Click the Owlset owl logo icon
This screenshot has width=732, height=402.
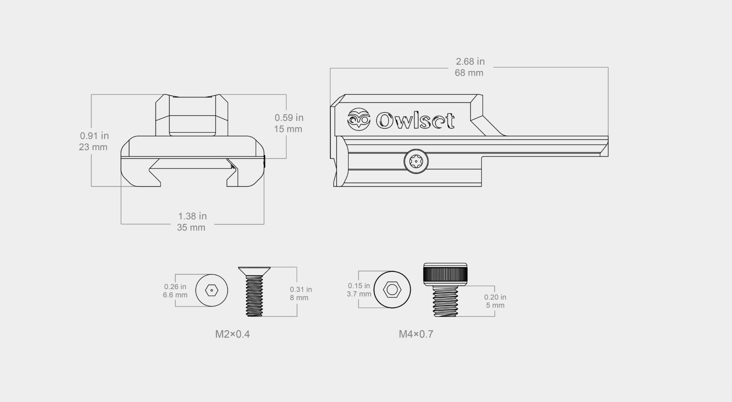tap(359, 119)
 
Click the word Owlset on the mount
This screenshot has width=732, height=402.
tap(415, 120)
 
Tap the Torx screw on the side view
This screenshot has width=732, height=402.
tap(416, 161)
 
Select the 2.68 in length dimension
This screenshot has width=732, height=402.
tap(470, 62)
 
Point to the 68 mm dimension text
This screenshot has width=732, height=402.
tap(469, 73)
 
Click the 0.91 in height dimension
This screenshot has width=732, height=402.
tap(94, 136)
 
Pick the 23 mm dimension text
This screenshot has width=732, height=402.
tap(93, 147)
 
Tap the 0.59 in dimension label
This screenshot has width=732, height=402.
tap(289, 117)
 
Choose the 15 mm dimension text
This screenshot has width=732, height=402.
tap(288, 129)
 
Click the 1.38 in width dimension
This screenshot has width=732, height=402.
tap(192, 216)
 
